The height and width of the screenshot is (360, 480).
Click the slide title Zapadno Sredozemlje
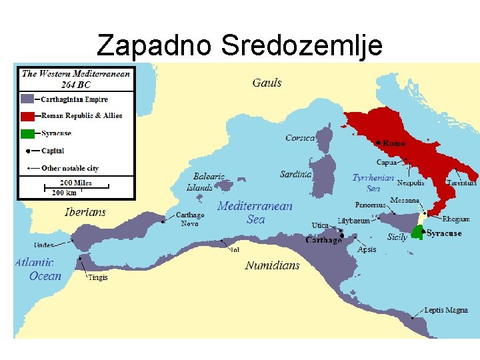[x=239, y=45]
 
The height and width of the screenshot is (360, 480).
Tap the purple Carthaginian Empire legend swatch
[x=27, y=98]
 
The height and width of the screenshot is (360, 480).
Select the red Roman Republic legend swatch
[x=27, y=115]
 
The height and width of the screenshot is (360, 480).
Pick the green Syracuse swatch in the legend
[x=27, y=133]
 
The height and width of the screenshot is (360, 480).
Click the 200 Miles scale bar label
[x=75, y=183]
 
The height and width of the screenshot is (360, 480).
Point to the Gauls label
[x=267, y=83]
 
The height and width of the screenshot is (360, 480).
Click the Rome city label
[x=394, y=143]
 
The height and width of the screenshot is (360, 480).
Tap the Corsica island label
[x=300, y=138]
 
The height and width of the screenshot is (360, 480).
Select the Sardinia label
[x=295, y=175]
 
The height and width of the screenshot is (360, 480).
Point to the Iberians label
[x=85, y=212]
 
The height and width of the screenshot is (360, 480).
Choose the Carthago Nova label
[x=190, y=219]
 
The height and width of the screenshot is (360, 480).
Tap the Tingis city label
[x=97, y=277]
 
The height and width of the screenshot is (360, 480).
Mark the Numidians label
[x=272, y=265]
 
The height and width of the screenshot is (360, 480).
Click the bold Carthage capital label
[x=323, y=240]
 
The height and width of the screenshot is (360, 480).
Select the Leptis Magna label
[x=446, y=311]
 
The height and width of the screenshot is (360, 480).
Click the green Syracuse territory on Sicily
[x=418, y=231]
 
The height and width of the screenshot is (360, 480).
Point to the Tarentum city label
[x=462, y=183]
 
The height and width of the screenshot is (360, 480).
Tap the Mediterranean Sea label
[x=255, y=213]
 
